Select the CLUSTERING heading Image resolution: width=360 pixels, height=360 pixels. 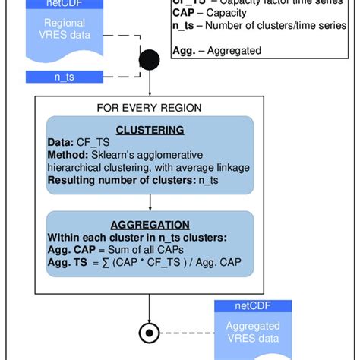150,130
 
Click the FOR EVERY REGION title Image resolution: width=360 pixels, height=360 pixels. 150,108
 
